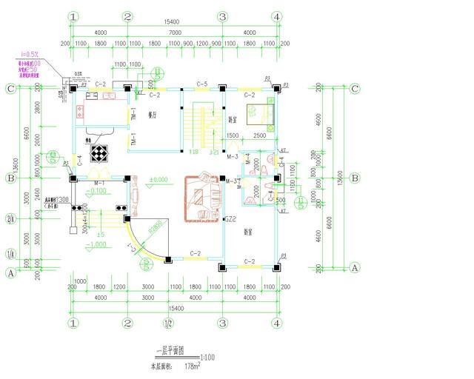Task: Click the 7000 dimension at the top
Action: (175, 33)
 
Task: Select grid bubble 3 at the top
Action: (221, 16)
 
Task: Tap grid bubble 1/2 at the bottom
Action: (169, 323)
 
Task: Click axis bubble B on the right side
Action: (355, 178)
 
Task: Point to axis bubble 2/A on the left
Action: (10, 219)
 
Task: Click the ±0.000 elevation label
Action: (158, 180)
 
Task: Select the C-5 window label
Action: (201, 83)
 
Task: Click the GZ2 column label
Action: (230, 219)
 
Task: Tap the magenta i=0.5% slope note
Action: (29, 55)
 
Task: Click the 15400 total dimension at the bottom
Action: (176, 307)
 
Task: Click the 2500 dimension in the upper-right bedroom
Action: (258, 136)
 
